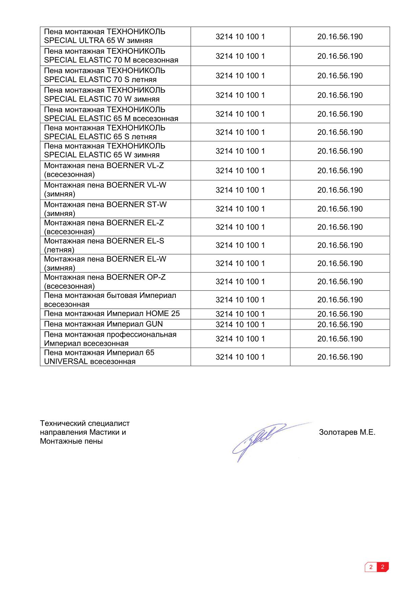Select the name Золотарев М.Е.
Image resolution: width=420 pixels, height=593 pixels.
pyautogui.click(x=347, y=432)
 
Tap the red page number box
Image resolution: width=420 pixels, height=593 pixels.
pyautogui.click(x=382, y=567)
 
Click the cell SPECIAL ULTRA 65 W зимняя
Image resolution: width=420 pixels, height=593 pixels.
pyautogui.click(x=115, y=36)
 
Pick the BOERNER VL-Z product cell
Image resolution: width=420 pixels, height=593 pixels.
pyautogui.click(x=115, y=170)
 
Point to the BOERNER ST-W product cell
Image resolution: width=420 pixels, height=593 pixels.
pyautogui.click(x=115, y=209)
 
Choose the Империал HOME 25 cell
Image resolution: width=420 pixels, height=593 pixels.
pyautogui.click(x=115, y=314)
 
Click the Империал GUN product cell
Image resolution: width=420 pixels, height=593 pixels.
pyautogui.click(x=115, y=324)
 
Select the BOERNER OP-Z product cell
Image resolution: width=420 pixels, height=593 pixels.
pyautogui.click(x=115, y=282)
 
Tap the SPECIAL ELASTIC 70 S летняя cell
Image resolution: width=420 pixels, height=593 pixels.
pyautogui.click(x=115, y=75)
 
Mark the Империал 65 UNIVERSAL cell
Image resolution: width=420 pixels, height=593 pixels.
pyautogui.click(x=115, y=357)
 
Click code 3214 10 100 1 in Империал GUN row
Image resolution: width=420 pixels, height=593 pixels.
pyautogui.click(x=240, y=325)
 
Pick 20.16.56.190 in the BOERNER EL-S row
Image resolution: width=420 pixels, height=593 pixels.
pyautogui.click(x=340, y=245)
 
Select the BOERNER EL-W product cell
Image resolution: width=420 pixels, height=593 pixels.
pyautogui.click(x=115, y=263)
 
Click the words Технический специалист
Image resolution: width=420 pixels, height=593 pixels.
pyautogui.click(x=85, y=424)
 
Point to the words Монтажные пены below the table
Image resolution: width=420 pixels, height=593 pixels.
pyautogui.click(x=71, y=441)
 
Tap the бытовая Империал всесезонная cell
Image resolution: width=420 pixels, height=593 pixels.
pyautogui.click(x=115, y=300)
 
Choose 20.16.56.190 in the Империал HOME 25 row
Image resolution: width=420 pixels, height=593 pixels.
pyautogui.click(x=340, y=314)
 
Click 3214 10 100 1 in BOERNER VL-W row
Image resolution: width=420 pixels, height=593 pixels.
pyautogui.click(x=240, y=190)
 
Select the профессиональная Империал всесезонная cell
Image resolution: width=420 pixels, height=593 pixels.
pyautogui.click(x=115, y=339)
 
